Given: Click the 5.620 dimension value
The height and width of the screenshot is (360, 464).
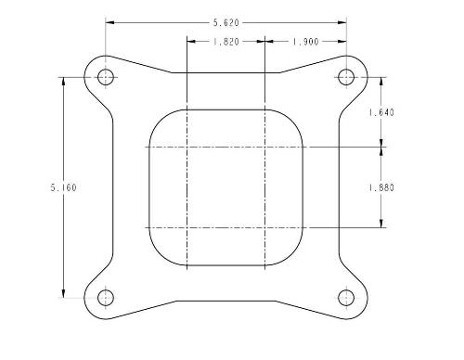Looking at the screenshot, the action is pyautogui.click(x=226, y=22).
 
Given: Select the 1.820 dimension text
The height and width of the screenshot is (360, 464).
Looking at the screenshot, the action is pyautogui.click(x=226, y=42).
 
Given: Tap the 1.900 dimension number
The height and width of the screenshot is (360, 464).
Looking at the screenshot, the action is pyautogui.click(x=305, y=42).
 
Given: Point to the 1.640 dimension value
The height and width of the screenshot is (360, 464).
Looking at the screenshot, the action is pyautogui.click(x=381, y=112).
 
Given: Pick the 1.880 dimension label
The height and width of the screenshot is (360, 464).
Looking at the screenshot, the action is pyautogui.click(x=381, y=187).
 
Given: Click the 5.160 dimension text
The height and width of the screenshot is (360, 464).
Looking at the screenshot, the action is pyautogui.click(x=63, y=187).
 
